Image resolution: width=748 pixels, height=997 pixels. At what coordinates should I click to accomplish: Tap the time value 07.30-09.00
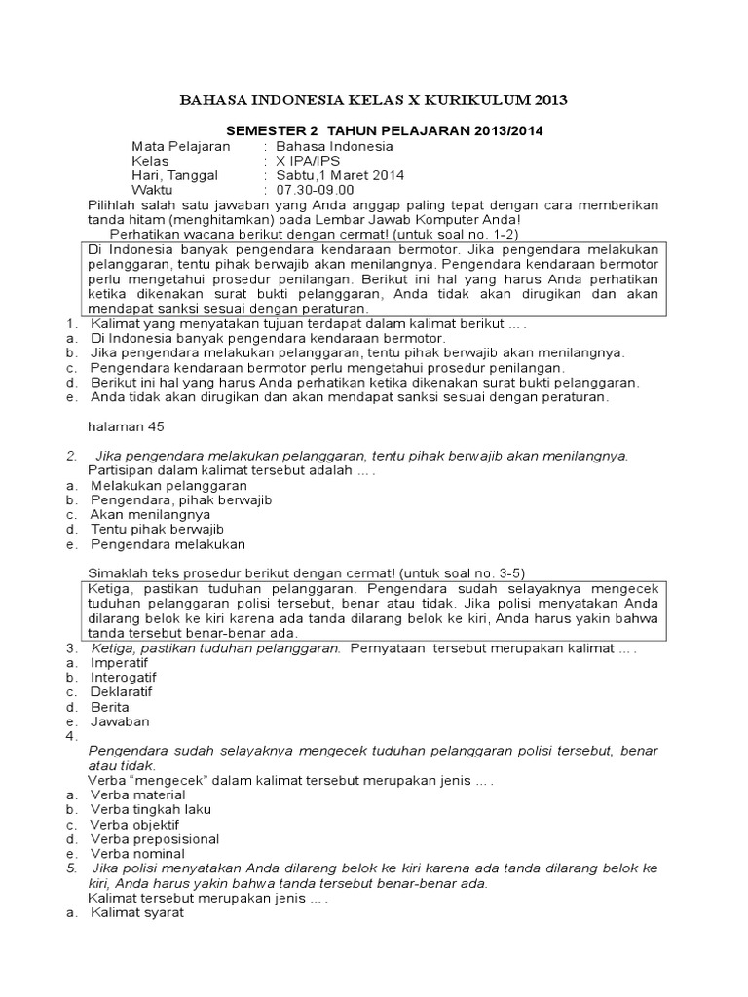[316, 190]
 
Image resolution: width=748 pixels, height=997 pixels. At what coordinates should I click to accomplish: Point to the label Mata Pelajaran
[181, 146]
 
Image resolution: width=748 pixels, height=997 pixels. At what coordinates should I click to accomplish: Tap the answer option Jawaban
[121, 721]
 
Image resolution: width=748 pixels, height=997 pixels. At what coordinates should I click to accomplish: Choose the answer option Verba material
[137, 794]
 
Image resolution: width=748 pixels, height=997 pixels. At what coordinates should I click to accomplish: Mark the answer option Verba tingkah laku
[151, 809]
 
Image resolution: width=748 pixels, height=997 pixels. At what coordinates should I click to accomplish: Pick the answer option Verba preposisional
[155, 838]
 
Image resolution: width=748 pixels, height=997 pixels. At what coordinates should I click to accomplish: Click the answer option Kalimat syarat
[137, 913]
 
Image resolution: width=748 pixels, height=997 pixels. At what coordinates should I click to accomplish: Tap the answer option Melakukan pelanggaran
[169, 485]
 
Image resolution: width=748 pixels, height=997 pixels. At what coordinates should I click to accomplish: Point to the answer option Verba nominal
[137, 854]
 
